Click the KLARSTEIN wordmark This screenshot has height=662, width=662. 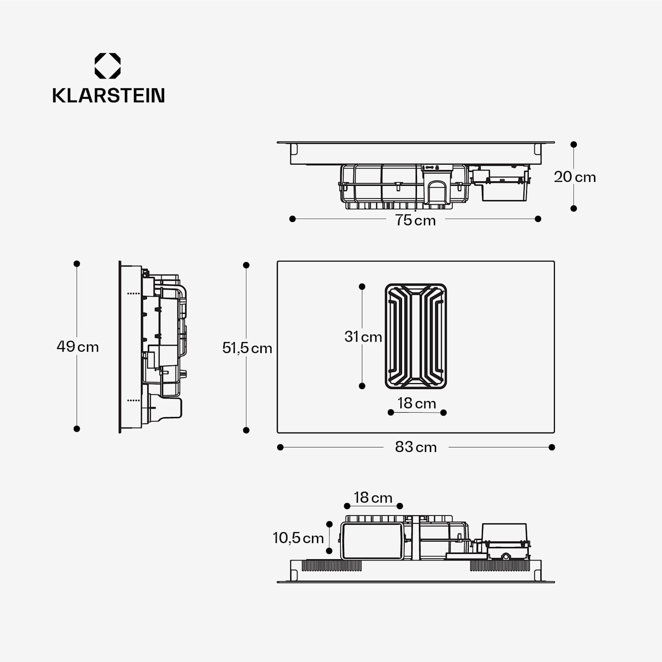108,96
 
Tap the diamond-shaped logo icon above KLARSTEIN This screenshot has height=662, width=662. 108,66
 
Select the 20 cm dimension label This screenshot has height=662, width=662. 575,177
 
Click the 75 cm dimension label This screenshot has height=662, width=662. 415,220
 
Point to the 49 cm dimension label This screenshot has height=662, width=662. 78,347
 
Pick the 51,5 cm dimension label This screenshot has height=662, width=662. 247,348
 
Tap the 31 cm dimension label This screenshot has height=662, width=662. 363,337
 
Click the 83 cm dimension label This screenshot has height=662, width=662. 416,447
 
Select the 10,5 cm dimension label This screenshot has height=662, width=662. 298,538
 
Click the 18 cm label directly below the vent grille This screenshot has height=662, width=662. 417,403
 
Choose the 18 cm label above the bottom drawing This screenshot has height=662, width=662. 373,498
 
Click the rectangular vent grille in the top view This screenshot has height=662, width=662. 416,336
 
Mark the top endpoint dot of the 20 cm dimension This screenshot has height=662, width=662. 574,144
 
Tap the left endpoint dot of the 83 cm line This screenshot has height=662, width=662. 280,448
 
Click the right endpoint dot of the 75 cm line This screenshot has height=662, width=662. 538,219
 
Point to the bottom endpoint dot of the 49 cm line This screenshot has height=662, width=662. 77,429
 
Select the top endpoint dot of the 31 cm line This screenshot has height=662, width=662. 362,286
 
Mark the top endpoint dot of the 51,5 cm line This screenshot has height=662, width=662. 246,265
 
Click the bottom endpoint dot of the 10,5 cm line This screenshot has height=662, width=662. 329,551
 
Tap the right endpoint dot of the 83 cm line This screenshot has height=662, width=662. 552,448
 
